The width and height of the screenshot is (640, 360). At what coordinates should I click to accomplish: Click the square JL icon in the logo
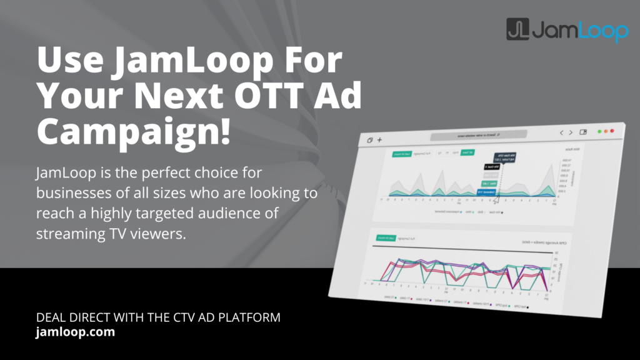518,29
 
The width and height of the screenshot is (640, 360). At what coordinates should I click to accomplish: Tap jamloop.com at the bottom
76,332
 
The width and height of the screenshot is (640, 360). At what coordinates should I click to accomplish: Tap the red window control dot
612,131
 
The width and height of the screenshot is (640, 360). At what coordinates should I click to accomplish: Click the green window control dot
599,131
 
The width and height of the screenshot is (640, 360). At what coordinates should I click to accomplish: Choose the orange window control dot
606,131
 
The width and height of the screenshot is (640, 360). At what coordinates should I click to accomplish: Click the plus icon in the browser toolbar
379,140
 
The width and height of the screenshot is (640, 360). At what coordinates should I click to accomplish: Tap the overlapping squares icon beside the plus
369,141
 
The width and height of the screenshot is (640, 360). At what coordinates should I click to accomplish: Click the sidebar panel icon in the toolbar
583,132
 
